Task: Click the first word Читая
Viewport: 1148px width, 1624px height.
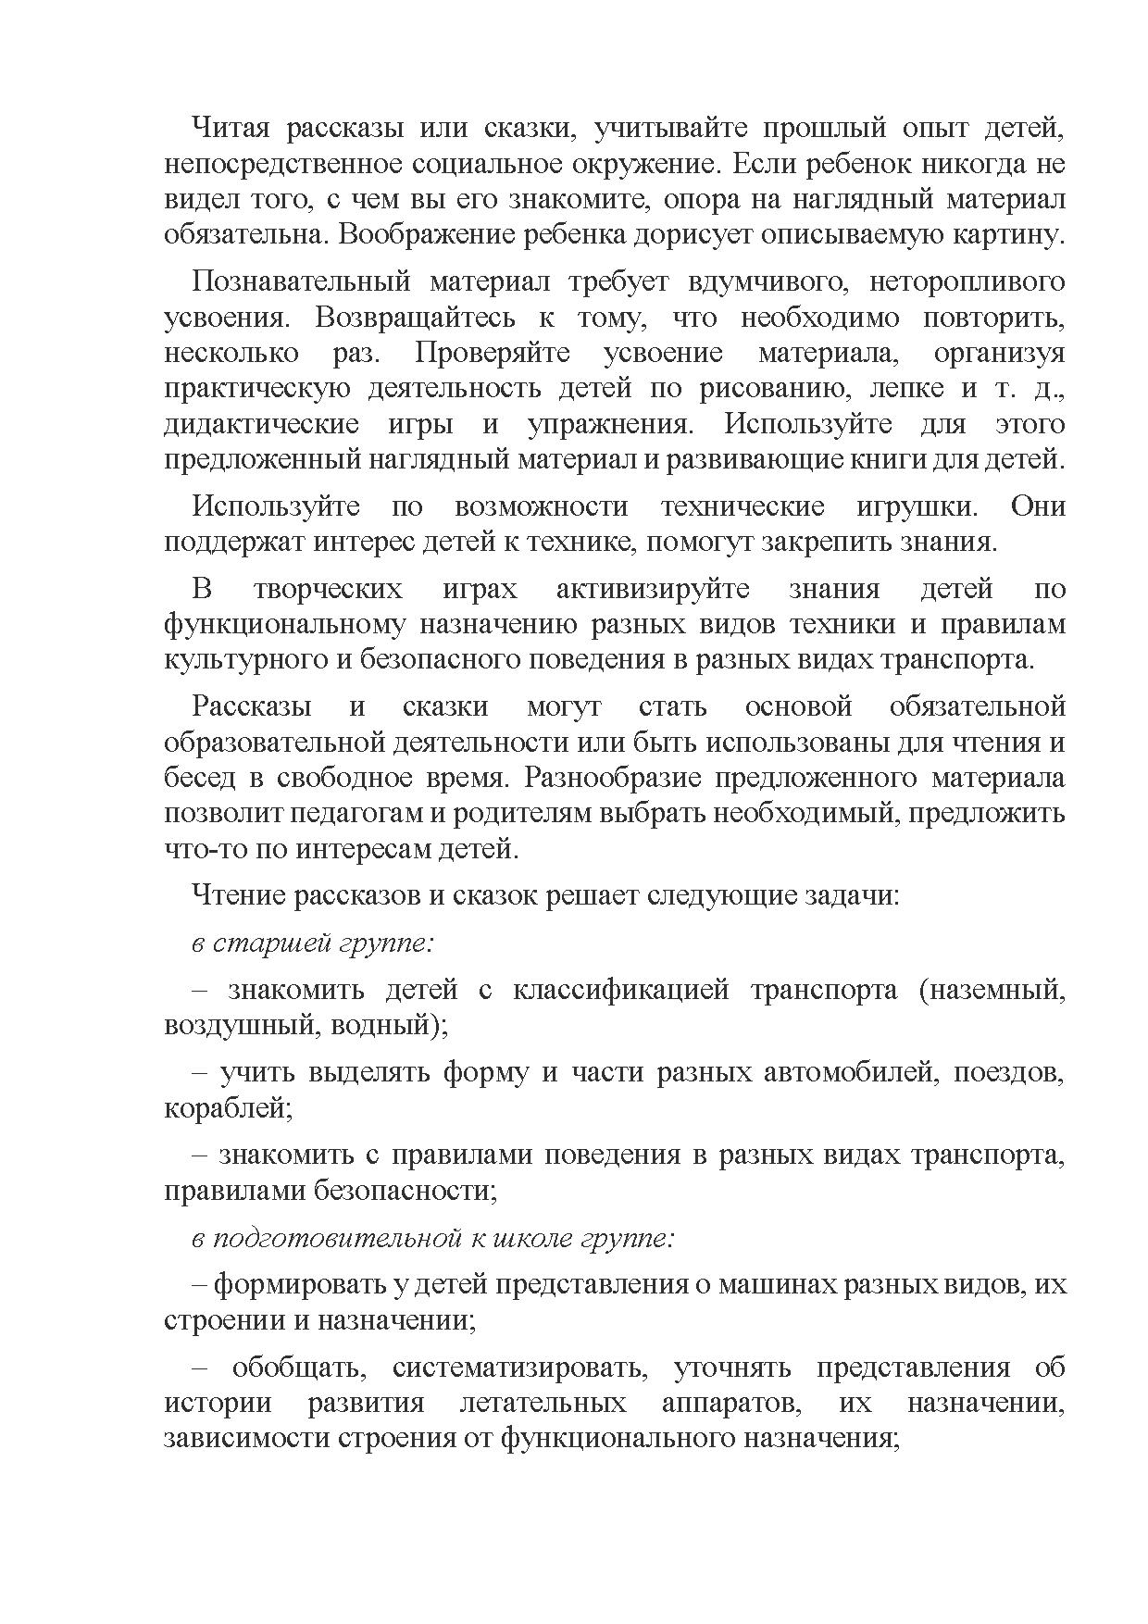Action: pos(229,128)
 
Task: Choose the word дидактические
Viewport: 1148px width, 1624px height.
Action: pos(261,425)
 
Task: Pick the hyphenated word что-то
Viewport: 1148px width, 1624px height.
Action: pos(198,849)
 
